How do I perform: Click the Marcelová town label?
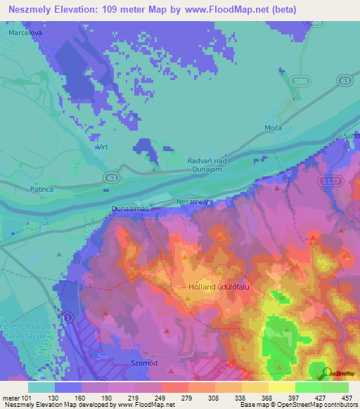(x=25, y=32)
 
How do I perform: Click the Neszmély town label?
(x=193, y=202)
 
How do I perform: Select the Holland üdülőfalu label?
(x=219, y=287)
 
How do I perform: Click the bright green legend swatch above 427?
(x=309, y=387)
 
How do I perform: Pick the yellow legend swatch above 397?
(x=281, y=387)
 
